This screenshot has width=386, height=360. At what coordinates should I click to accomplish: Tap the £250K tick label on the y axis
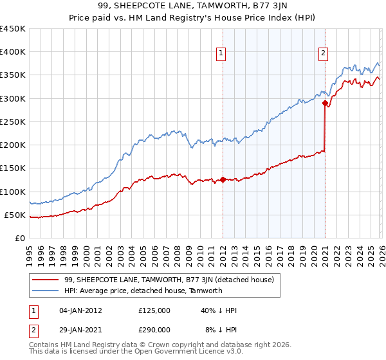pyautogui.click(x=13, y=122)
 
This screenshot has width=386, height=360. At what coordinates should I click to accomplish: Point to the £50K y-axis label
pyautogui.click(x=15, y=215)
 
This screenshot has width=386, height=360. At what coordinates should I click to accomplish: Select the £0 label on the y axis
pyautogui.click(x=21, y=238)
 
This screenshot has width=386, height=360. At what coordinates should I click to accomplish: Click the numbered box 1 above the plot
pyautogui.click(x=221, y=53)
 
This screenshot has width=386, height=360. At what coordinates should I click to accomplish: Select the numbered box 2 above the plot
pyautogui.click(x=323, y=53)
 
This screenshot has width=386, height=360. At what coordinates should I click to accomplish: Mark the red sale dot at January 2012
pyautogui.click(x=223, y=180)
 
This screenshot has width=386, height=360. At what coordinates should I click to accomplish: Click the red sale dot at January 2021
pyautogui.click(x=326, y=103)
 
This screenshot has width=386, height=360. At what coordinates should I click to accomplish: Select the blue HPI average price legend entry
pyautogui.click(x=143, y=291)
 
